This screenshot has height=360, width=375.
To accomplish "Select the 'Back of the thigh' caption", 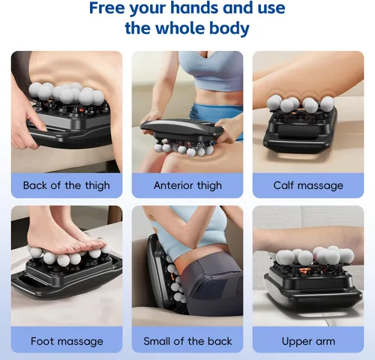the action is tap(67, 185).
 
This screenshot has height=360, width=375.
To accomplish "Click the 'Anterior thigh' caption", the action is tap(187, 185).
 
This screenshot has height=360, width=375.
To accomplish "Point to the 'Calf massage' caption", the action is tap(308, 185).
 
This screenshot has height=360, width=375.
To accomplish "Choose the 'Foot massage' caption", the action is tap(67, 341).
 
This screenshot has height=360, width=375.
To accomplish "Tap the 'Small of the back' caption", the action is tap(187, 341).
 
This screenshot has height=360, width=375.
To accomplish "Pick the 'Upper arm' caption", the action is tap(308, 341).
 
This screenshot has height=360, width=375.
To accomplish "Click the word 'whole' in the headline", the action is tap(181, 28).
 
